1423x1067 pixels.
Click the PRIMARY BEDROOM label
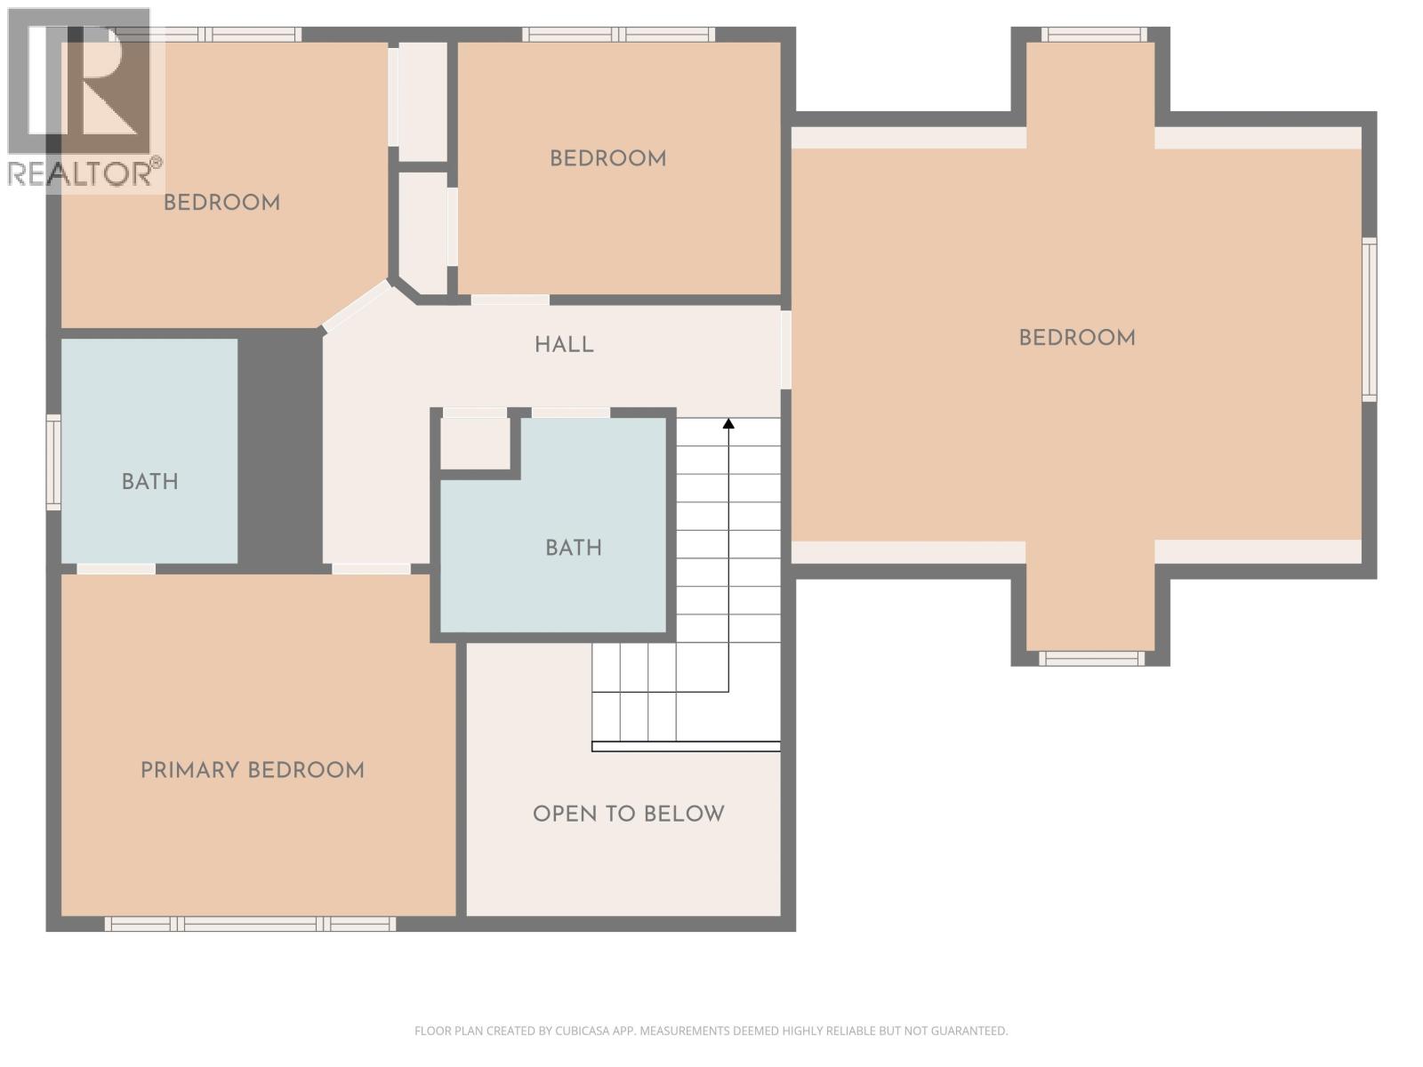click(253, 770)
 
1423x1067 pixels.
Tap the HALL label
click(564, 345)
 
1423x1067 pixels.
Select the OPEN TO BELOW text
click(628, 814)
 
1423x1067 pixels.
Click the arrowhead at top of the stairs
click(728, 424)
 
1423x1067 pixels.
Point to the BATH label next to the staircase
click(573, 548)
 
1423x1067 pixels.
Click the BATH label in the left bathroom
click(149, 482)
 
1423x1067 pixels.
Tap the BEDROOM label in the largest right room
click(1076, 338)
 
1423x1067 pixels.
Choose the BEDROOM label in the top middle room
click(607, 159)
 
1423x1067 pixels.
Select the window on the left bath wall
click(53, 462)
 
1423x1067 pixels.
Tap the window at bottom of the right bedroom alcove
click(1092, 658)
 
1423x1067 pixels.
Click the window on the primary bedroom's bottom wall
click(250, 924)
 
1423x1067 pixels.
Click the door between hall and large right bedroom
click(785, 349)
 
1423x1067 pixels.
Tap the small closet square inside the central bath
click(475, 442)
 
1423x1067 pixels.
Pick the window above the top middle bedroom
click(618, 35)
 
